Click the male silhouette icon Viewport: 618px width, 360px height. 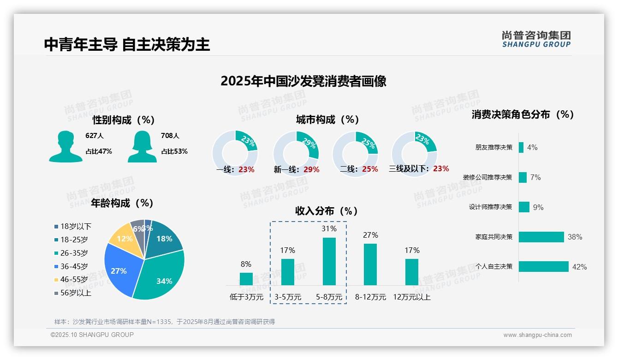pyautogui.click(x=65, y=146)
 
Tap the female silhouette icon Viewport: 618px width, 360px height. pyautogui.click(x=142, y=146)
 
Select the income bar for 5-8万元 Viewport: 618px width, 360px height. pyautogui.click(x=329, y=261)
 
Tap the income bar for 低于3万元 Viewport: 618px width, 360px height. pyautogui.click(x=246, y=279)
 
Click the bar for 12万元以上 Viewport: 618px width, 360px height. pyautogui.click(x=411, y=272)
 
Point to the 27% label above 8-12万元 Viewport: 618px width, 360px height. pyautogui.click(x=370, y=235)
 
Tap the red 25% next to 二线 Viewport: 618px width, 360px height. pyautogui.click(x=370, y=169)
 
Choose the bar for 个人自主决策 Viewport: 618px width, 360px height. pyautogui.click(x=544, y=266)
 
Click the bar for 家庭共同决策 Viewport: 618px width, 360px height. pyautogui.click(x=541, y=237)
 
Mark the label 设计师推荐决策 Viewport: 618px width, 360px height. pyautogui.click(x=490, y=207)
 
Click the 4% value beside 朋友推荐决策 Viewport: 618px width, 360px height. pyautogui.click(x=532, y=147)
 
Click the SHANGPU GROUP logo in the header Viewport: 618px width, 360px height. pyautogui.click(x=536, y=39)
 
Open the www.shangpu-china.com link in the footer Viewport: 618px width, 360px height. pyautogui.click(x=537, y=335)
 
